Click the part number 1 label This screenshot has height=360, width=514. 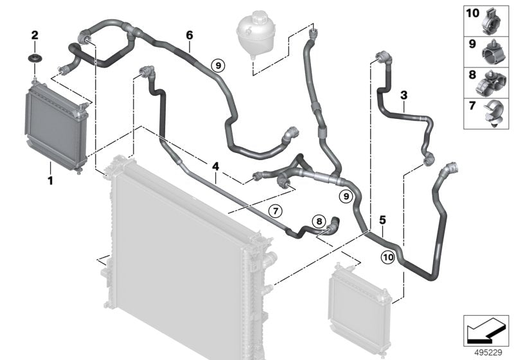click(x=50, y=182)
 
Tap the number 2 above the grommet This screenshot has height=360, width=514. click(x=35, y=34)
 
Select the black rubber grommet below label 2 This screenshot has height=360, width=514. click(x=35, y=59)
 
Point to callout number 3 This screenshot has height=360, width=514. click(x=404, y=96)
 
